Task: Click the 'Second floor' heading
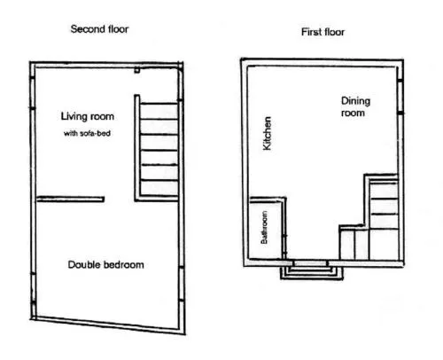point(99,29)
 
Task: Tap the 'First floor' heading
point(323,32)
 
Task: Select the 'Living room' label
point(88,116)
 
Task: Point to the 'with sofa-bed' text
point(87,133)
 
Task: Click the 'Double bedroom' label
point(106,264)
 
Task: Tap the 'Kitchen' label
point(267,133)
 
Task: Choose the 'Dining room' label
point(355,107)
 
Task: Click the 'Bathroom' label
point(264,227)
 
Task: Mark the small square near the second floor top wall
point(136,70)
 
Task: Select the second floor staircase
point(159,149)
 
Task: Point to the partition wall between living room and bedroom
point(70,200)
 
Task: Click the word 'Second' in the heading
point(85,29)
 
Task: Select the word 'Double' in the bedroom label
point(83,264)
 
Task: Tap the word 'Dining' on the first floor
point(355,101)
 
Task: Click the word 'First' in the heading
point(311,32)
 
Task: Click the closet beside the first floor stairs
point(354,243)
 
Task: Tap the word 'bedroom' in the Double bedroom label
point(122,264)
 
